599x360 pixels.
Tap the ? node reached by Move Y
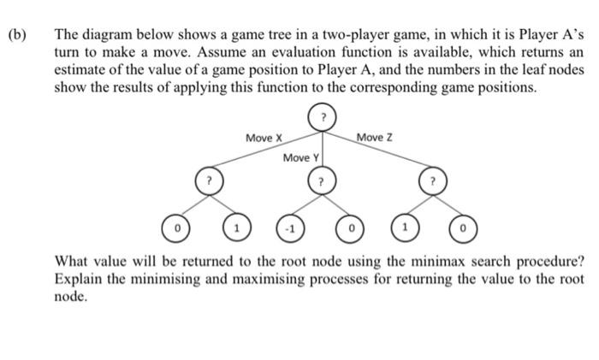[321, 182]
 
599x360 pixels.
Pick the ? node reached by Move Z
[433, 181]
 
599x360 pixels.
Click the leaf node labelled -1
[290, 229]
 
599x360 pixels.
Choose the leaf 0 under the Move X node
[177, 229]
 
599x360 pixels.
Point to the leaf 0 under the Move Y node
[352, 229]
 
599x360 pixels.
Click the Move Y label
[300, 158]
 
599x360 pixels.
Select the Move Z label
[374, 137]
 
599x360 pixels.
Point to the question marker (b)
[18, 37]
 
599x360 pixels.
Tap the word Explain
[80, 279]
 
